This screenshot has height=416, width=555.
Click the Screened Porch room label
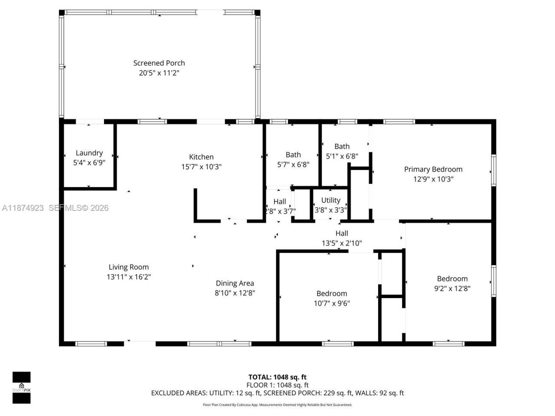click(x=159, y=63)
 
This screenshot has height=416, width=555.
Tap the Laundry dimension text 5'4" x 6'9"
click(x=89, y=162)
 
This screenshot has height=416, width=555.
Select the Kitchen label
click(x=201, y=157)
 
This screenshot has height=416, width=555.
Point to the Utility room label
click(x=330, y=200)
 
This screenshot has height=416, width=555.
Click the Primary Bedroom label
click(x=433, y=169)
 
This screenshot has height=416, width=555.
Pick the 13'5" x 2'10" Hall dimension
click(x=342, y=244)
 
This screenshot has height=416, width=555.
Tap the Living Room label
click(x=128, y=267)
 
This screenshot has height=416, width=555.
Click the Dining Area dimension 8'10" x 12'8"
click(x=235, y=293)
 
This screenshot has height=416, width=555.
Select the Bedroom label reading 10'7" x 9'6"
click(x=331, y=293)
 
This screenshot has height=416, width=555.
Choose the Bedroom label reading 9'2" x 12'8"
click(x=452, y=279)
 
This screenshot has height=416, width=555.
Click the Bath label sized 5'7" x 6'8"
click(x=293, y=155)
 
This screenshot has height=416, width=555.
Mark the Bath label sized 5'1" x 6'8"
click(x=342, y=146)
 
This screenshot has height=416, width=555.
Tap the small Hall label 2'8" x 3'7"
click(x=280, y=201)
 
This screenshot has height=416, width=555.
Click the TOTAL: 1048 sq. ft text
click(x=277, y=377)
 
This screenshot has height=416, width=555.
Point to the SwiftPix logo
click(x=21, y=387)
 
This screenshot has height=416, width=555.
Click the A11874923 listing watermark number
click(x=23, y=208)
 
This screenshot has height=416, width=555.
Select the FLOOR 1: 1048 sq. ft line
click(x=277, y=385)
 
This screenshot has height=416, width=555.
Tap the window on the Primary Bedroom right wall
click(x=493, y=171)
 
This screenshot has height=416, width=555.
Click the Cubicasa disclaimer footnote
click(x=277, y=405)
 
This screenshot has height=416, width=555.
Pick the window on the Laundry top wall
click(x=89, y=122)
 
